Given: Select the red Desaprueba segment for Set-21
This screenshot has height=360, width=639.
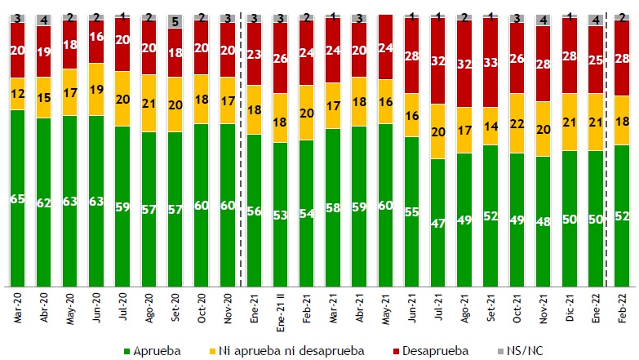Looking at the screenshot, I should click(490, 62).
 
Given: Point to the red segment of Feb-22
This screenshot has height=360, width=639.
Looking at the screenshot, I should click(622, 58).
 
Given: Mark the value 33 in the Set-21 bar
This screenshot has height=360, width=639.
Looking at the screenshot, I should click(490, 62).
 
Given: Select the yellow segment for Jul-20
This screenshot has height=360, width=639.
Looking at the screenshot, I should click(123, 99).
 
